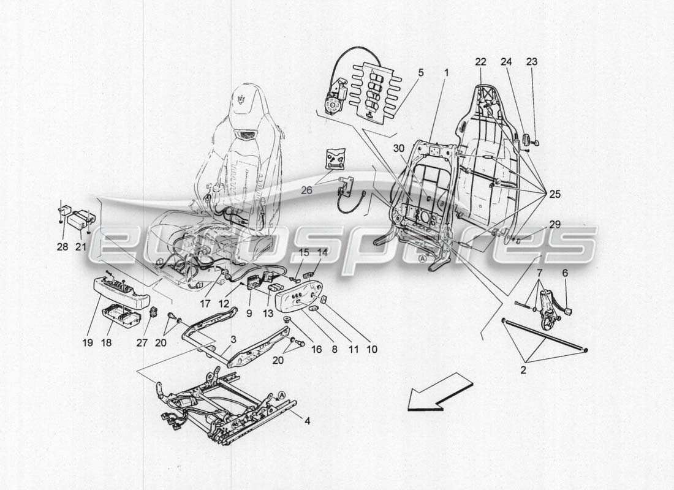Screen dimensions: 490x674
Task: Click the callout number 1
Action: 446,72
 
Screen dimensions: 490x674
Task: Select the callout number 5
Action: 421,72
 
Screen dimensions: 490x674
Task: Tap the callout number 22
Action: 480,61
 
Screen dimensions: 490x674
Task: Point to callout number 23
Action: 532,61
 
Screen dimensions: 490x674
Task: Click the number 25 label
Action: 555,195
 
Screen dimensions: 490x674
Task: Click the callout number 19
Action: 88,342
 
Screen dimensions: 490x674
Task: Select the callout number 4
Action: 306,421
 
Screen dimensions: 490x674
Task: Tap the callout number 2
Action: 522,370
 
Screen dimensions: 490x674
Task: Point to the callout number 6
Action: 565,273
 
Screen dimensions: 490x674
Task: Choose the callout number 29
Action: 555,225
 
